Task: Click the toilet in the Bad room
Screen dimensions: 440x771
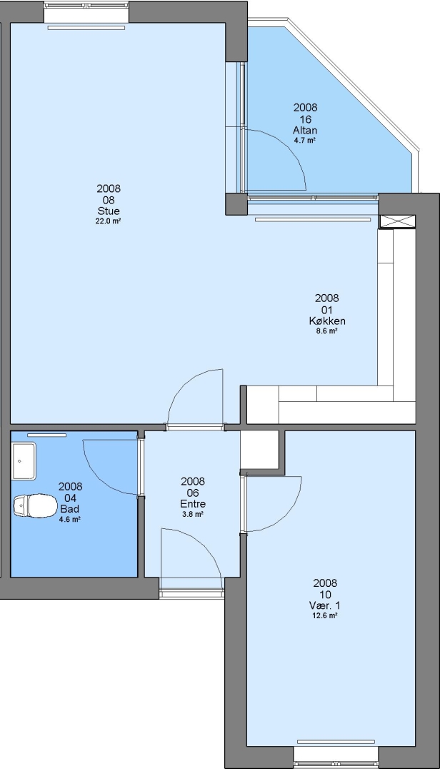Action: (x=34, y=506)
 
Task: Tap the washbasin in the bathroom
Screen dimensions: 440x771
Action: (x=24, y=460)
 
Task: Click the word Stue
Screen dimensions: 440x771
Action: (x=109, y=211)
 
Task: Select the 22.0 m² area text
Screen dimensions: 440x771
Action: (x=109, y=221)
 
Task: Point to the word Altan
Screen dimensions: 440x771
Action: (x=305, y=131)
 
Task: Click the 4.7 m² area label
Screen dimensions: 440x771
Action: (x=305, y=140)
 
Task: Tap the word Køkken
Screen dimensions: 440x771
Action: (x=327, y=321)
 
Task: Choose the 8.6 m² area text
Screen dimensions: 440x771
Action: (x=327, y=331)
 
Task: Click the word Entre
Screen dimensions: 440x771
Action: (x=193, y=504)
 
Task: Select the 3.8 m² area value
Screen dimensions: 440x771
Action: (x=193, y=514)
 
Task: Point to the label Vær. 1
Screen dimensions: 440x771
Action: (x=325, y=606)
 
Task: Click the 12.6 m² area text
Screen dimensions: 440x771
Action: (x=325, y=615)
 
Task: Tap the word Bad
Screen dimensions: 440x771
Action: (x=70, y=509)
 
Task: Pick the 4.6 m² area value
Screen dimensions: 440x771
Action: (x=70, y=519)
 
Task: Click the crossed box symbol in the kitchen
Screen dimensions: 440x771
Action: (x=398, y=221)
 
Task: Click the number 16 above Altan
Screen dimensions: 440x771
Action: (x=305, y=119)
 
